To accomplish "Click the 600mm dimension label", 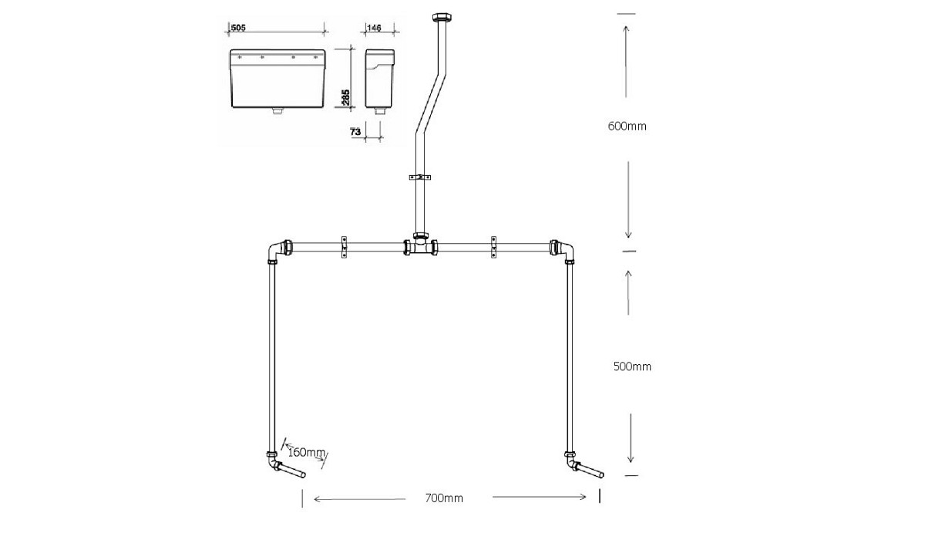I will (x=627, y=127).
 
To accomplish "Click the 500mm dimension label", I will (x=631, y=366).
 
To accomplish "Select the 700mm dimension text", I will (x=444, y=498).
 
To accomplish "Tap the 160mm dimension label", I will (x=305, y=452).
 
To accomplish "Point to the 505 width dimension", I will (x=238, y=28).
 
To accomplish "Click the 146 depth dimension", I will (x=374, y=28).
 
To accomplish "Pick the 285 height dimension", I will (x=346, y=96).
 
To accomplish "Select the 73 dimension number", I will (x=355, y=133).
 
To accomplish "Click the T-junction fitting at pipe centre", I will (x=420, y=247).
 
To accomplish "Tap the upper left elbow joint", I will (x=277, y=251).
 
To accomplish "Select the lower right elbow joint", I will (x=570, y=464).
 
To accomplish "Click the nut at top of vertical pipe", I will (x=442, y=17).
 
